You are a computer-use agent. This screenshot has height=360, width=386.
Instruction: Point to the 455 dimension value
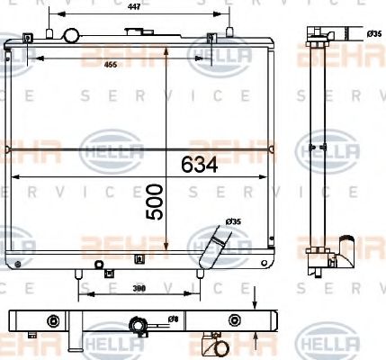point(110,65)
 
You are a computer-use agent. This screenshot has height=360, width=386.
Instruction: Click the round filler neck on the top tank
point(70,37)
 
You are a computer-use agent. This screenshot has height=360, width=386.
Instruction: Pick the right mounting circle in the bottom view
point(236,319)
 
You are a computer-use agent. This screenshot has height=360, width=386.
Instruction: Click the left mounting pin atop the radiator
point(30,37)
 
